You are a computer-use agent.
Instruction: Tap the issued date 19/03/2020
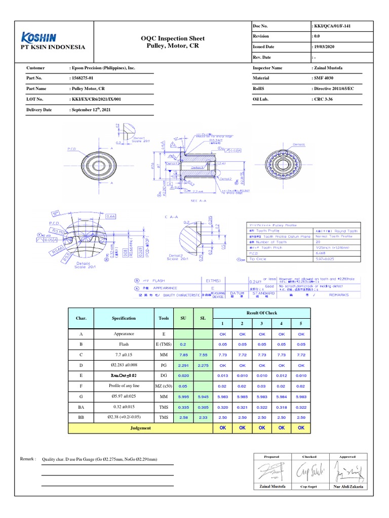[x=328, y=46]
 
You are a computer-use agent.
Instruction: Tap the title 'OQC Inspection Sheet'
[x=169, y=39]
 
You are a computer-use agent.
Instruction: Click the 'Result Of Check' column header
[x=261, y=314]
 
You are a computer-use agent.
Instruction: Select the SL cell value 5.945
[x=203, y=397]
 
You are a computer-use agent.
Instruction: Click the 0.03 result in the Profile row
[x=261, y=386]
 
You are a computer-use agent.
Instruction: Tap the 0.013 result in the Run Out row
[x=222, y=376]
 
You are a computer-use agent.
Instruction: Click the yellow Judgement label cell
[x=140, y=428]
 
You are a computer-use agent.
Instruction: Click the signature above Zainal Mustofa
[x=269, y=472]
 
